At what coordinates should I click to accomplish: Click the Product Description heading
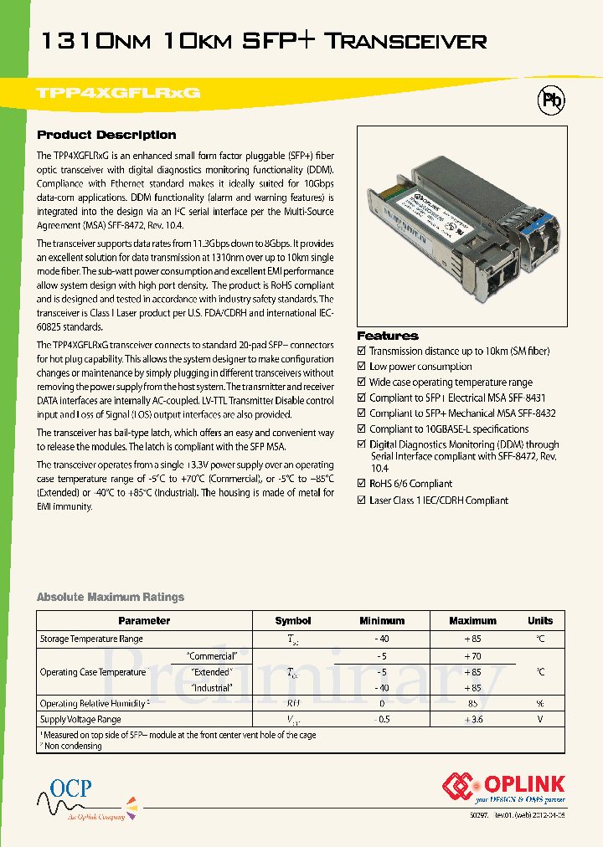pos(106,135)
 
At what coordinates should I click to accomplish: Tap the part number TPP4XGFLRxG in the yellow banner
pos(119,94)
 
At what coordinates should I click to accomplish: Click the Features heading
pos(387,336)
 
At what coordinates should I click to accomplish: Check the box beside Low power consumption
pos(362,367)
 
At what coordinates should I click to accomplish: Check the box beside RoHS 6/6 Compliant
pos(362,484)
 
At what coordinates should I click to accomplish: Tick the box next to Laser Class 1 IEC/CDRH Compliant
pos(362,501)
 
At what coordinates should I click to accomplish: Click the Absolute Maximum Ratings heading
pos(110,597)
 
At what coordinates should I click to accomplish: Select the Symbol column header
pos(293,621)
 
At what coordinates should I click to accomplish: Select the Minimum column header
pos(382,621)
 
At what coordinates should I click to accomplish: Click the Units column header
pos(540,621)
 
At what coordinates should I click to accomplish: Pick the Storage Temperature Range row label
pos(91,639)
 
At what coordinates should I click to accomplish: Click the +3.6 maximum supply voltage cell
pos(472,720)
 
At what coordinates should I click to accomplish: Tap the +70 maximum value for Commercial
pos(472,657)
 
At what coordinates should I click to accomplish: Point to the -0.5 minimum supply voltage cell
pos(382,720)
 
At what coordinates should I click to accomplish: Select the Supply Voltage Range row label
pos(80,720)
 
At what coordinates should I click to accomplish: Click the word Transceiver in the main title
pos(417,40)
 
